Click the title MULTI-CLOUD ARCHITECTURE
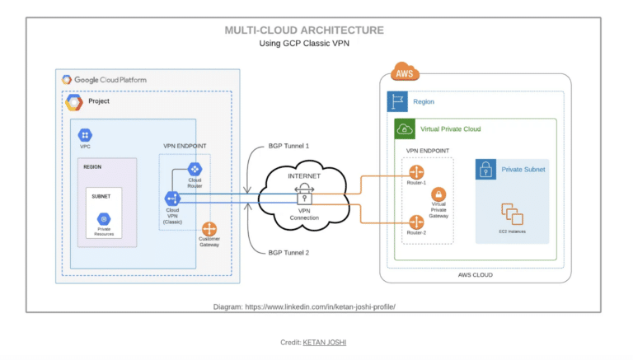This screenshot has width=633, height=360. coord(304,30)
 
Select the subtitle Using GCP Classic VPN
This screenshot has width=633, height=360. coord(304,44)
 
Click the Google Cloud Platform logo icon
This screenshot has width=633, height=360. coord(66,80)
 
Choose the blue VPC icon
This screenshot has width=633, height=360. coord(84,134)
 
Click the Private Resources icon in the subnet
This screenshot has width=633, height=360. coord(104,219)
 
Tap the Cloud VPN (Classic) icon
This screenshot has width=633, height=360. coord(172,199)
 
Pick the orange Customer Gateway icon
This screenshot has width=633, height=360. coord(209,229)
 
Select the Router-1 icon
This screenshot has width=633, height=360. coord(415,172)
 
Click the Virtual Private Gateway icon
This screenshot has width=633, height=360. coord(439,195)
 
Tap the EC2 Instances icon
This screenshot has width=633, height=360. coord(512,215)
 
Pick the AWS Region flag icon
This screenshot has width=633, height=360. coord(397,102)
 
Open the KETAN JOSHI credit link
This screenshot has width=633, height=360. coord(326,341)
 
